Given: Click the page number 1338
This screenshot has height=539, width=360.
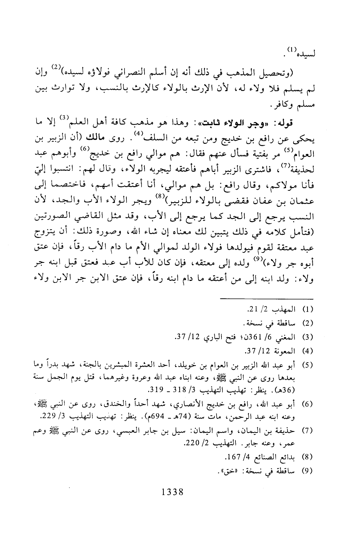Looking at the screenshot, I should pyautogui.click(x=170, y=492).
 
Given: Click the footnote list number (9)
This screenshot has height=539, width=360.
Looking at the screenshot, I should pyautogui.click(x=308, y=471).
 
